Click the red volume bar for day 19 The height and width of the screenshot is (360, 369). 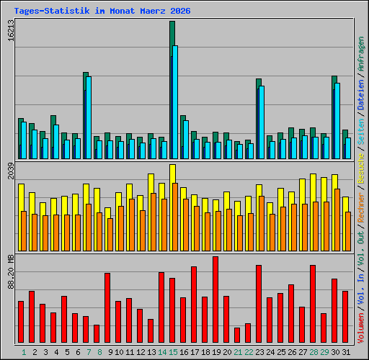(215, 300)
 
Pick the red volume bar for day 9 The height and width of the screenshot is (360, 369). (107, 308)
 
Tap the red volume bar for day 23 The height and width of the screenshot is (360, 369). (259, 304)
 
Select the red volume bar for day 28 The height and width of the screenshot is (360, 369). (313, 304)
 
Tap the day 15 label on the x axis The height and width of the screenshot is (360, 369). (172, 352)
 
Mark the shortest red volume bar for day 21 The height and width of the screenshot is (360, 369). (237, 335)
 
